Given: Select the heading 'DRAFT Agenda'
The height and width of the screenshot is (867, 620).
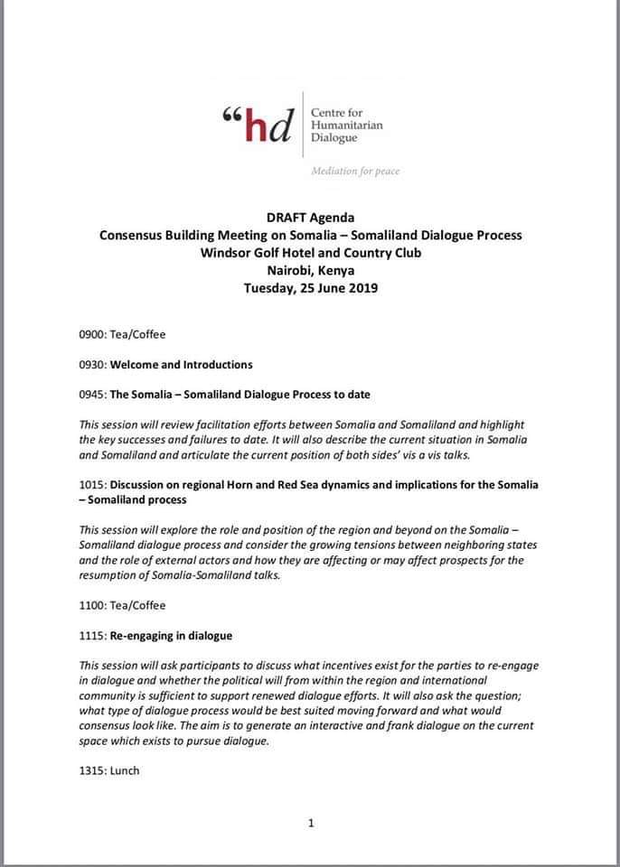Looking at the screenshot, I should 310,218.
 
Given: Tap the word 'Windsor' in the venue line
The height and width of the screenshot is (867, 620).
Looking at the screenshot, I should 225,252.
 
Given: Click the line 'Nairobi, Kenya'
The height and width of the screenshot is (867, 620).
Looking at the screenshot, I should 310,270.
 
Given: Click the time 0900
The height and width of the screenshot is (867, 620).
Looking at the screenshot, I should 92,334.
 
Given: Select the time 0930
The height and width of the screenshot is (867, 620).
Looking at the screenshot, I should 92,365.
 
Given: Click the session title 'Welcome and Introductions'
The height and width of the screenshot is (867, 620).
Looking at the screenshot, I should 181,365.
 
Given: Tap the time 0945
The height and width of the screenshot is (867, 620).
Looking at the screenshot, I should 92,395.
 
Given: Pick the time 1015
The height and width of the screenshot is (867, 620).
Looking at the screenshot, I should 92,485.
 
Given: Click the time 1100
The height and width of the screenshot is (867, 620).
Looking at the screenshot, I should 92,605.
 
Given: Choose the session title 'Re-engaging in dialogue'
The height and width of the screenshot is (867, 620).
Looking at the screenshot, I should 172,636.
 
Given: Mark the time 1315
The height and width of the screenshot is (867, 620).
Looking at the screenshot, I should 92,771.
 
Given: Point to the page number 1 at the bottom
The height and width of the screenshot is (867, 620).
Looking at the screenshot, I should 311,823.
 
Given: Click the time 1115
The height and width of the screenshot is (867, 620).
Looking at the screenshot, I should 92,636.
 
